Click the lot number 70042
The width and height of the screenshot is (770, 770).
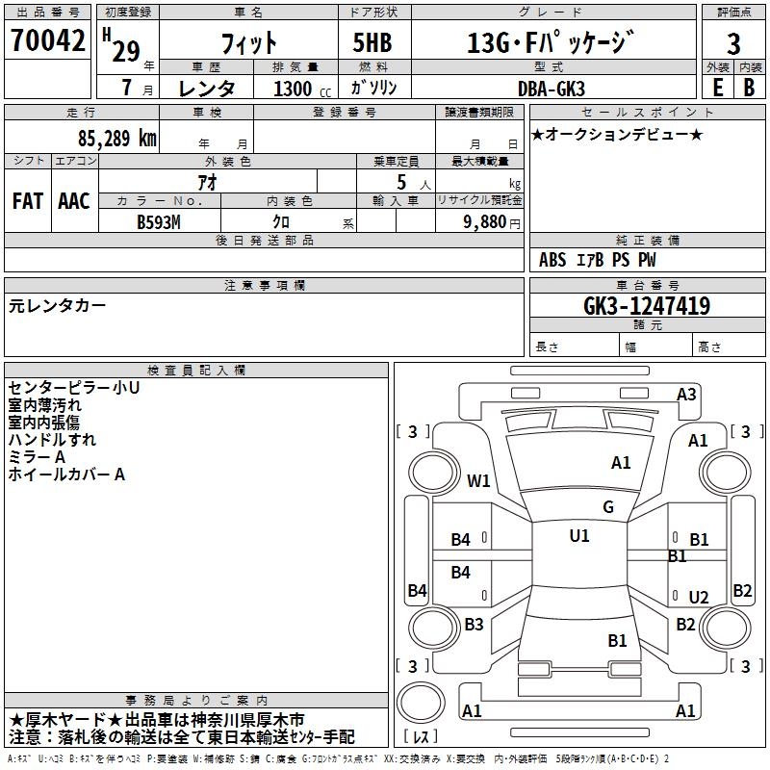click(47, 40)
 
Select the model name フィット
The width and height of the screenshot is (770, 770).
click(248, 42)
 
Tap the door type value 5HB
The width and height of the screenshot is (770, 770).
click(372, 42)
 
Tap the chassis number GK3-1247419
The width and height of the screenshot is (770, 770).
click(647, 306)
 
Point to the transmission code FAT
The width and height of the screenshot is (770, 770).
click(28, 201)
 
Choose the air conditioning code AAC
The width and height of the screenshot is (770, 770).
click(74, 201)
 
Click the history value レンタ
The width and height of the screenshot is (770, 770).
click(207, 88)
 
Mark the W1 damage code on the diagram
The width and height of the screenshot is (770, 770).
click(479, 480)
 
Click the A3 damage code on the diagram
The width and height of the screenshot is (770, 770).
click(686, 394)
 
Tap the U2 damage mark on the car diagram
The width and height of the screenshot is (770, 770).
click(698, 598)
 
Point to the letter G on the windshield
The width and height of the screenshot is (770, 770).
click(608, 507)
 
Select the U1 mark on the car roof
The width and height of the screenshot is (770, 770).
click(579, 536)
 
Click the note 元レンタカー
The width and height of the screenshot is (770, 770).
click(58, 305)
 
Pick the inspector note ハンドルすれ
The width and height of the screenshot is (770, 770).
click(52, 440)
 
